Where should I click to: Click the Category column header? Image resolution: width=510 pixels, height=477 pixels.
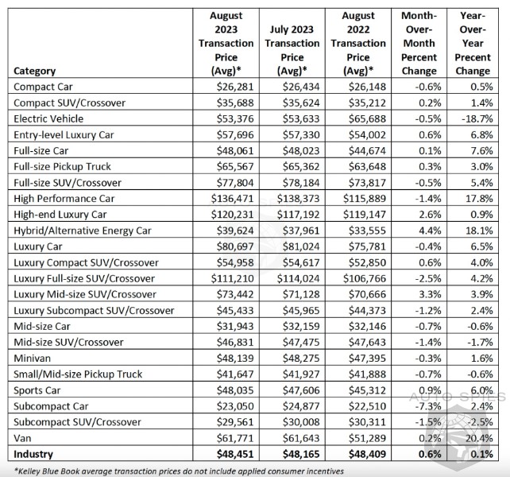(x=34, y=71)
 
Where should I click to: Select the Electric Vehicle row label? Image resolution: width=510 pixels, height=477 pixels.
(x=48, y=118)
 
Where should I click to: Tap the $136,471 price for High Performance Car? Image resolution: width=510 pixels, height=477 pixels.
(x=232, y=199)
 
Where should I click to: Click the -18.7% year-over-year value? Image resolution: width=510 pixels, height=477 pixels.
(x=477, y=118)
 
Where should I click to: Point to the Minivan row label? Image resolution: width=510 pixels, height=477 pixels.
(x=33, y=359)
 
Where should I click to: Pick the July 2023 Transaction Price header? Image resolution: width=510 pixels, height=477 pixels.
(x=292, y=50)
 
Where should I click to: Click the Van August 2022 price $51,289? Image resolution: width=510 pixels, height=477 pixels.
(x=367, y=438)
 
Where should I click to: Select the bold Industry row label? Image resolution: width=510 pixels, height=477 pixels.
(x=33, y=454)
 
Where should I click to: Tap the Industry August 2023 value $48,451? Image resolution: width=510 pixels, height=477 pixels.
(x=235, y=454)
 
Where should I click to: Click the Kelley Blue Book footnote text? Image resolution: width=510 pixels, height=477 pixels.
(x=179, y=471)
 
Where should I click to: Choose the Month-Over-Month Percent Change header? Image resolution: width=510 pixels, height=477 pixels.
(x=419, y=43)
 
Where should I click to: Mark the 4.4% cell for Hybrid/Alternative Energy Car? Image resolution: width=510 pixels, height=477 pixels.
(x=430, y=231)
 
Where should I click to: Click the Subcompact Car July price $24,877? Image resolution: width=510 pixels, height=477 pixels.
(x=301, y=406)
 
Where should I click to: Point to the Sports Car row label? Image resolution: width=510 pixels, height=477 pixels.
(x=37, y=390)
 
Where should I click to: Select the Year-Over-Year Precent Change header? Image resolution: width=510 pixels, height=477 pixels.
(x=473, y=43)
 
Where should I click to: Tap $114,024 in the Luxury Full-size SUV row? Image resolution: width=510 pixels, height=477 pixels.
(x=298, y=279)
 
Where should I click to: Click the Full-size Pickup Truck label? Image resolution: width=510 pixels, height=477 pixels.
(x=63, y=167)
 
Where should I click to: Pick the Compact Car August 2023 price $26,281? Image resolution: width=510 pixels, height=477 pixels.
(x=235, y=87)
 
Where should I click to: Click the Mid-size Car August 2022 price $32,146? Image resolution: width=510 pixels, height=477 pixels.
(x=367, y=326)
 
